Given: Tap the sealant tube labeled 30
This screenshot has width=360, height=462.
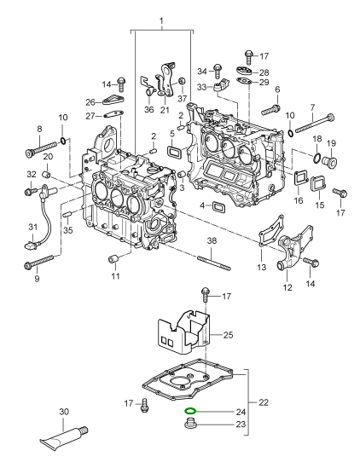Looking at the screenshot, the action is (x=64, y=436).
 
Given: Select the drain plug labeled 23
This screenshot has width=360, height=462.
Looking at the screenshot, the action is (x=190, y=424).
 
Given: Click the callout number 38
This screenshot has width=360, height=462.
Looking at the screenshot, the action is (x=212, y=240).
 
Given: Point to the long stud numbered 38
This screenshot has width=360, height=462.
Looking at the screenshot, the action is (x=214, y=263).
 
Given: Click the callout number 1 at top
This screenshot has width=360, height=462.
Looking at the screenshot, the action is (x=161, y=21).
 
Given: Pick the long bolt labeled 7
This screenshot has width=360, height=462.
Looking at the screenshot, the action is (x=315, y=123).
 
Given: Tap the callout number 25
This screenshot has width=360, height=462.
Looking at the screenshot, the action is (x=228, y=335).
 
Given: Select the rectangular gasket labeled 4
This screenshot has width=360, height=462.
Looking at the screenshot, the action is (x=219, y=206).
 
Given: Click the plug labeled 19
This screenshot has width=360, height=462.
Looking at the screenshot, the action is (x=329, y=161).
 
